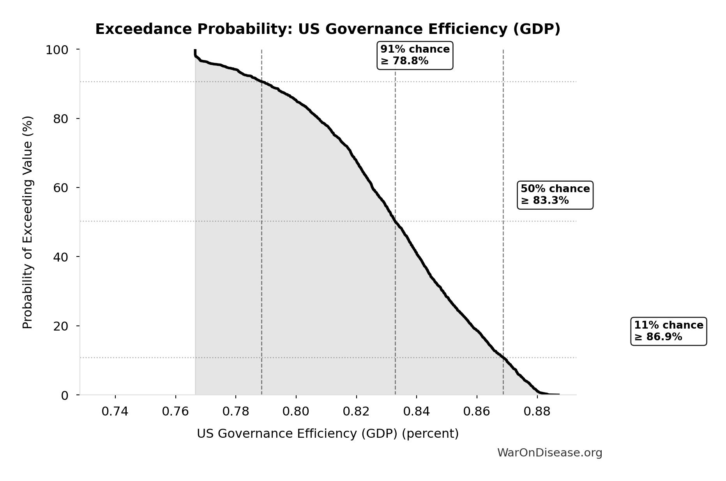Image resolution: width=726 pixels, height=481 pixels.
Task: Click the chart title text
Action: (328, 30)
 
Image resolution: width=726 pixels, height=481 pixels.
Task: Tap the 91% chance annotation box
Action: (415, 55)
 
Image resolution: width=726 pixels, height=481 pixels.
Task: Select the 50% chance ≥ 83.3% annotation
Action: (555, 195)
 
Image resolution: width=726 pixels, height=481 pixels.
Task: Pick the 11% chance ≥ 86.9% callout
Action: (668, 331)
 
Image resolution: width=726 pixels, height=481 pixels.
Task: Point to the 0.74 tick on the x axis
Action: (115, 412)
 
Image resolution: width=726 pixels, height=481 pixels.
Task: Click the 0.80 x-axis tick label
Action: (296, 412)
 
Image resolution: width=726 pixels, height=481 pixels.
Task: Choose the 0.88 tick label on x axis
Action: (537, 412)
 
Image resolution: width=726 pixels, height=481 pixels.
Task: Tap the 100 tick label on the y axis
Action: (57, 50)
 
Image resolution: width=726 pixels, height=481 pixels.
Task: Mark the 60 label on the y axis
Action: (61, 188)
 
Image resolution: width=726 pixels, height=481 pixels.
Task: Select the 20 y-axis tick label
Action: (61, 326)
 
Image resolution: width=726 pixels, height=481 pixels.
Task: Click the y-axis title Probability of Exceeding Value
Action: (28, 222)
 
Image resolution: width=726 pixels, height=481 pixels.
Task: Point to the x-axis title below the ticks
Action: (328, 434)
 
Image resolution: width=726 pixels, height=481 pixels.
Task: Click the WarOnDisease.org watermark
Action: (549, 453)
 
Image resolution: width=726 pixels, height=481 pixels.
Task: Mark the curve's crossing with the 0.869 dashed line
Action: (503, 358)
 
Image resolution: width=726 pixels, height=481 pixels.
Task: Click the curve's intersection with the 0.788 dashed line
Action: (261, 82)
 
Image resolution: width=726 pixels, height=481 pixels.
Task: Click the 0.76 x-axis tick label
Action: (175, 412)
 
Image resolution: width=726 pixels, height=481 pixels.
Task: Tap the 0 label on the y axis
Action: (65, 396)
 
